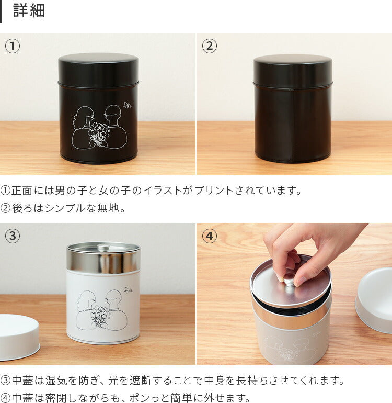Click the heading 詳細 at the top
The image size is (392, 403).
pos(29,11)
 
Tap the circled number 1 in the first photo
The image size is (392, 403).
pos(13,46)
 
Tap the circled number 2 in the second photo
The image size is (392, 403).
pos(210,46)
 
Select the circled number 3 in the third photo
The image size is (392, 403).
pos(13,236)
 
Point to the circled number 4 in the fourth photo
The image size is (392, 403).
pos(210,236)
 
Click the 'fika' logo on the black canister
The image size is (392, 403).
pos(128,105)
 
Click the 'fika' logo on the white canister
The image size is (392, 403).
pos(128,290)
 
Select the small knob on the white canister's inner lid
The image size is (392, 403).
pos(103,248)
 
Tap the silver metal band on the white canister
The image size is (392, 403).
pos(103,261)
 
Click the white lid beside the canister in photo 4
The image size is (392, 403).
pos(374,300)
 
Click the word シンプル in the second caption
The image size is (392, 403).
pos(65,208)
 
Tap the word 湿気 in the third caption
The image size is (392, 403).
pos(56,380)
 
